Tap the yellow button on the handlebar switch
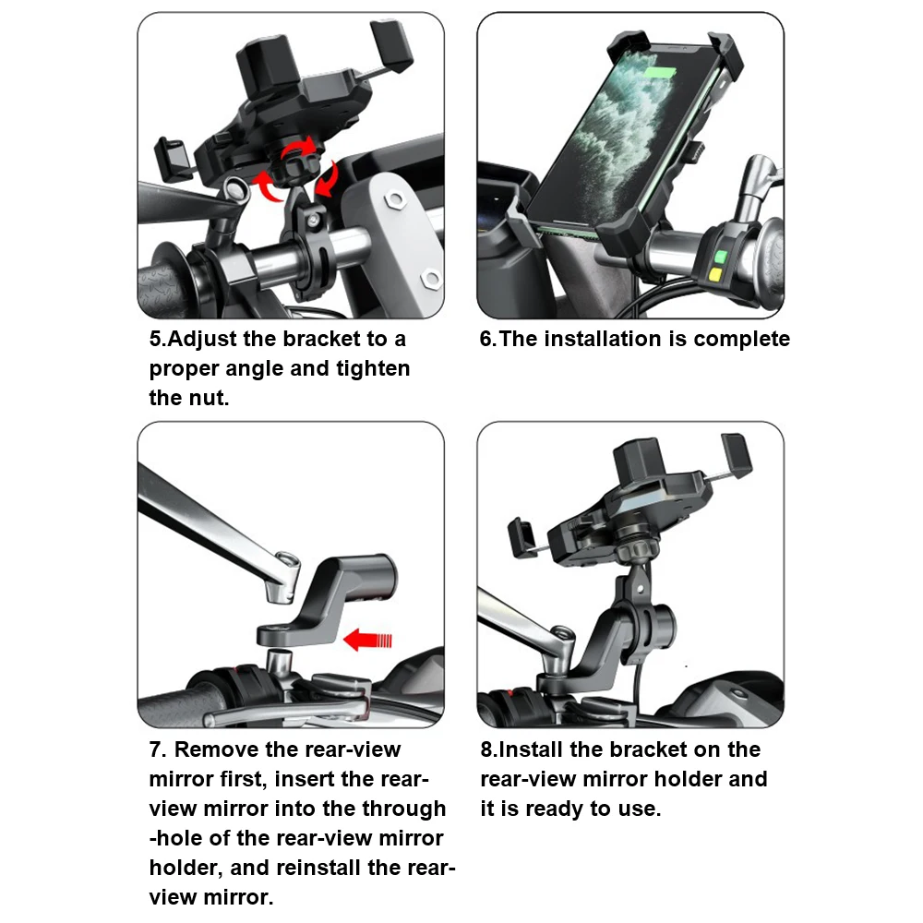(x=716, y=274)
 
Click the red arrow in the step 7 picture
(x=367, y=640)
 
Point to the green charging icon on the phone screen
(x=660, y=74)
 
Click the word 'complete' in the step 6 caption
(x=742, y=339)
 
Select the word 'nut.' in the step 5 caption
(x=209, y=398)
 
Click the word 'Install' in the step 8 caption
(x=531, y=749)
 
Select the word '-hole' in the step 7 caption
(x=174, y=838)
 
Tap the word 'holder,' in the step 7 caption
(x=185, y=869)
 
